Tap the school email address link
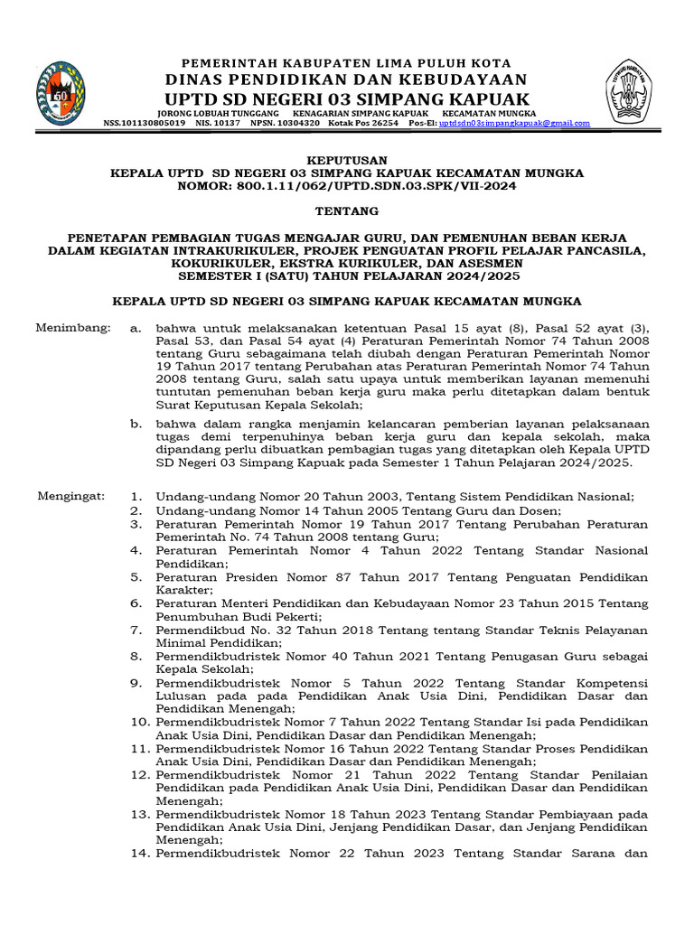pos(514,123)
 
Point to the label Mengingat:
pos(71,496)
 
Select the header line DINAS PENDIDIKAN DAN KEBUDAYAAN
pos(346,79)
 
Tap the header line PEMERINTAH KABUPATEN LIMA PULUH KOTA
pos(346,63)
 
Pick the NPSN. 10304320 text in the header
pos(285,123)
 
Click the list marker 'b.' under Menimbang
pos(136,423)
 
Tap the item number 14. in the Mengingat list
pos(137,851)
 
